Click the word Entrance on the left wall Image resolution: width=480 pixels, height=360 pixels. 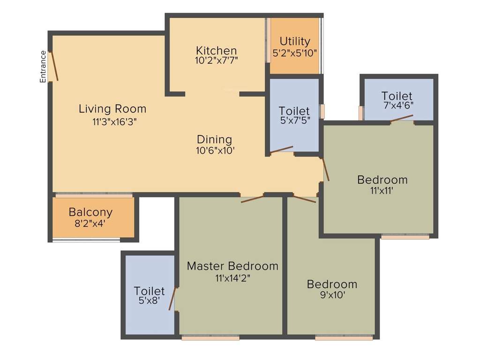(43, 67)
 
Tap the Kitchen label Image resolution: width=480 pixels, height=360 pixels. (216, 51)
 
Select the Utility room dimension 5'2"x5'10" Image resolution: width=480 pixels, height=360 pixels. (295, 53)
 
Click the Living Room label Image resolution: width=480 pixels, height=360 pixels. (112, 109)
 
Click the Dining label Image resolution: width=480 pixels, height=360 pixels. (214, 139)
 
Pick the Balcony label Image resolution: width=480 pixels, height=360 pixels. (90, 212)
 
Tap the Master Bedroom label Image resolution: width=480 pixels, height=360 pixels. (232, 266)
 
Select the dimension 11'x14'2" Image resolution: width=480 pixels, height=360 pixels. (232, 277)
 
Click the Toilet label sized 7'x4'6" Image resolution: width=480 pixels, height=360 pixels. (397, 96)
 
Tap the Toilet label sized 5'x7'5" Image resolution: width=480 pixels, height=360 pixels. (294, 111)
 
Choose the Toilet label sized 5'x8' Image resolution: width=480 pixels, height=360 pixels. (149, 291)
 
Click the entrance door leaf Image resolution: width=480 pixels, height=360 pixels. (54, 67)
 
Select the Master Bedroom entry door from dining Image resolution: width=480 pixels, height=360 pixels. (252, 199)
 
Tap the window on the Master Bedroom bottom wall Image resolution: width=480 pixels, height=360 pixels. (210, 337)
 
